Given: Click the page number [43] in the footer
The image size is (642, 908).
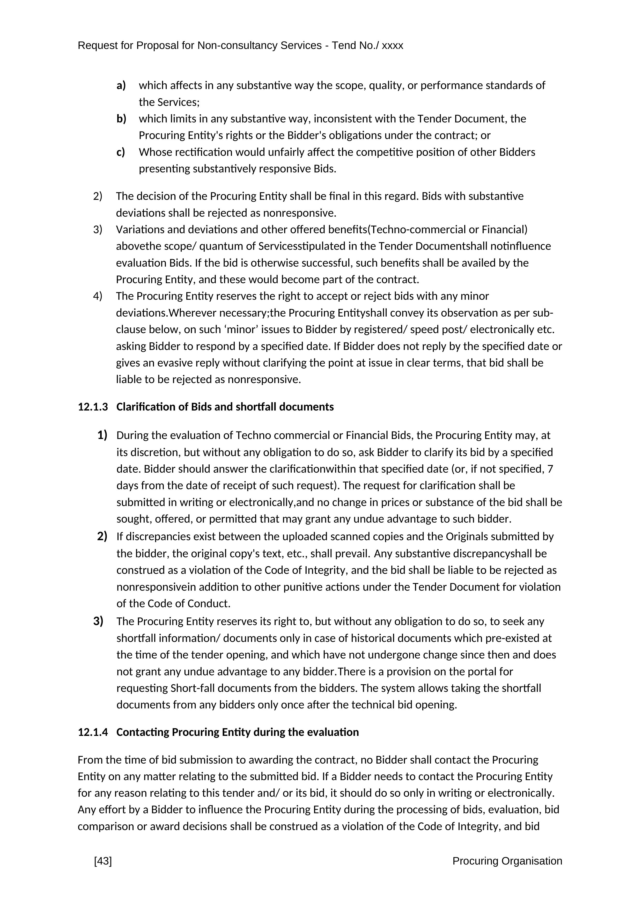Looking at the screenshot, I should (103, 861).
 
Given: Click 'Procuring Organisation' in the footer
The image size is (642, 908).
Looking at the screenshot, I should (507, 861).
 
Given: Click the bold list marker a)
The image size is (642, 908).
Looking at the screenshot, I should (121, 85).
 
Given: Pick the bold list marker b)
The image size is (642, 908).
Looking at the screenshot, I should (121, 119).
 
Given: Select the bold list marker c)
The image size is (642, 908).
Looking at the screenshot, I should (121, 152).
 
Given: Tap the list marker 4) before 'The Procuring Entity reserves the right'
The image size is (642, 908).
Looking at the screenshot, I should (98, 296).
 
